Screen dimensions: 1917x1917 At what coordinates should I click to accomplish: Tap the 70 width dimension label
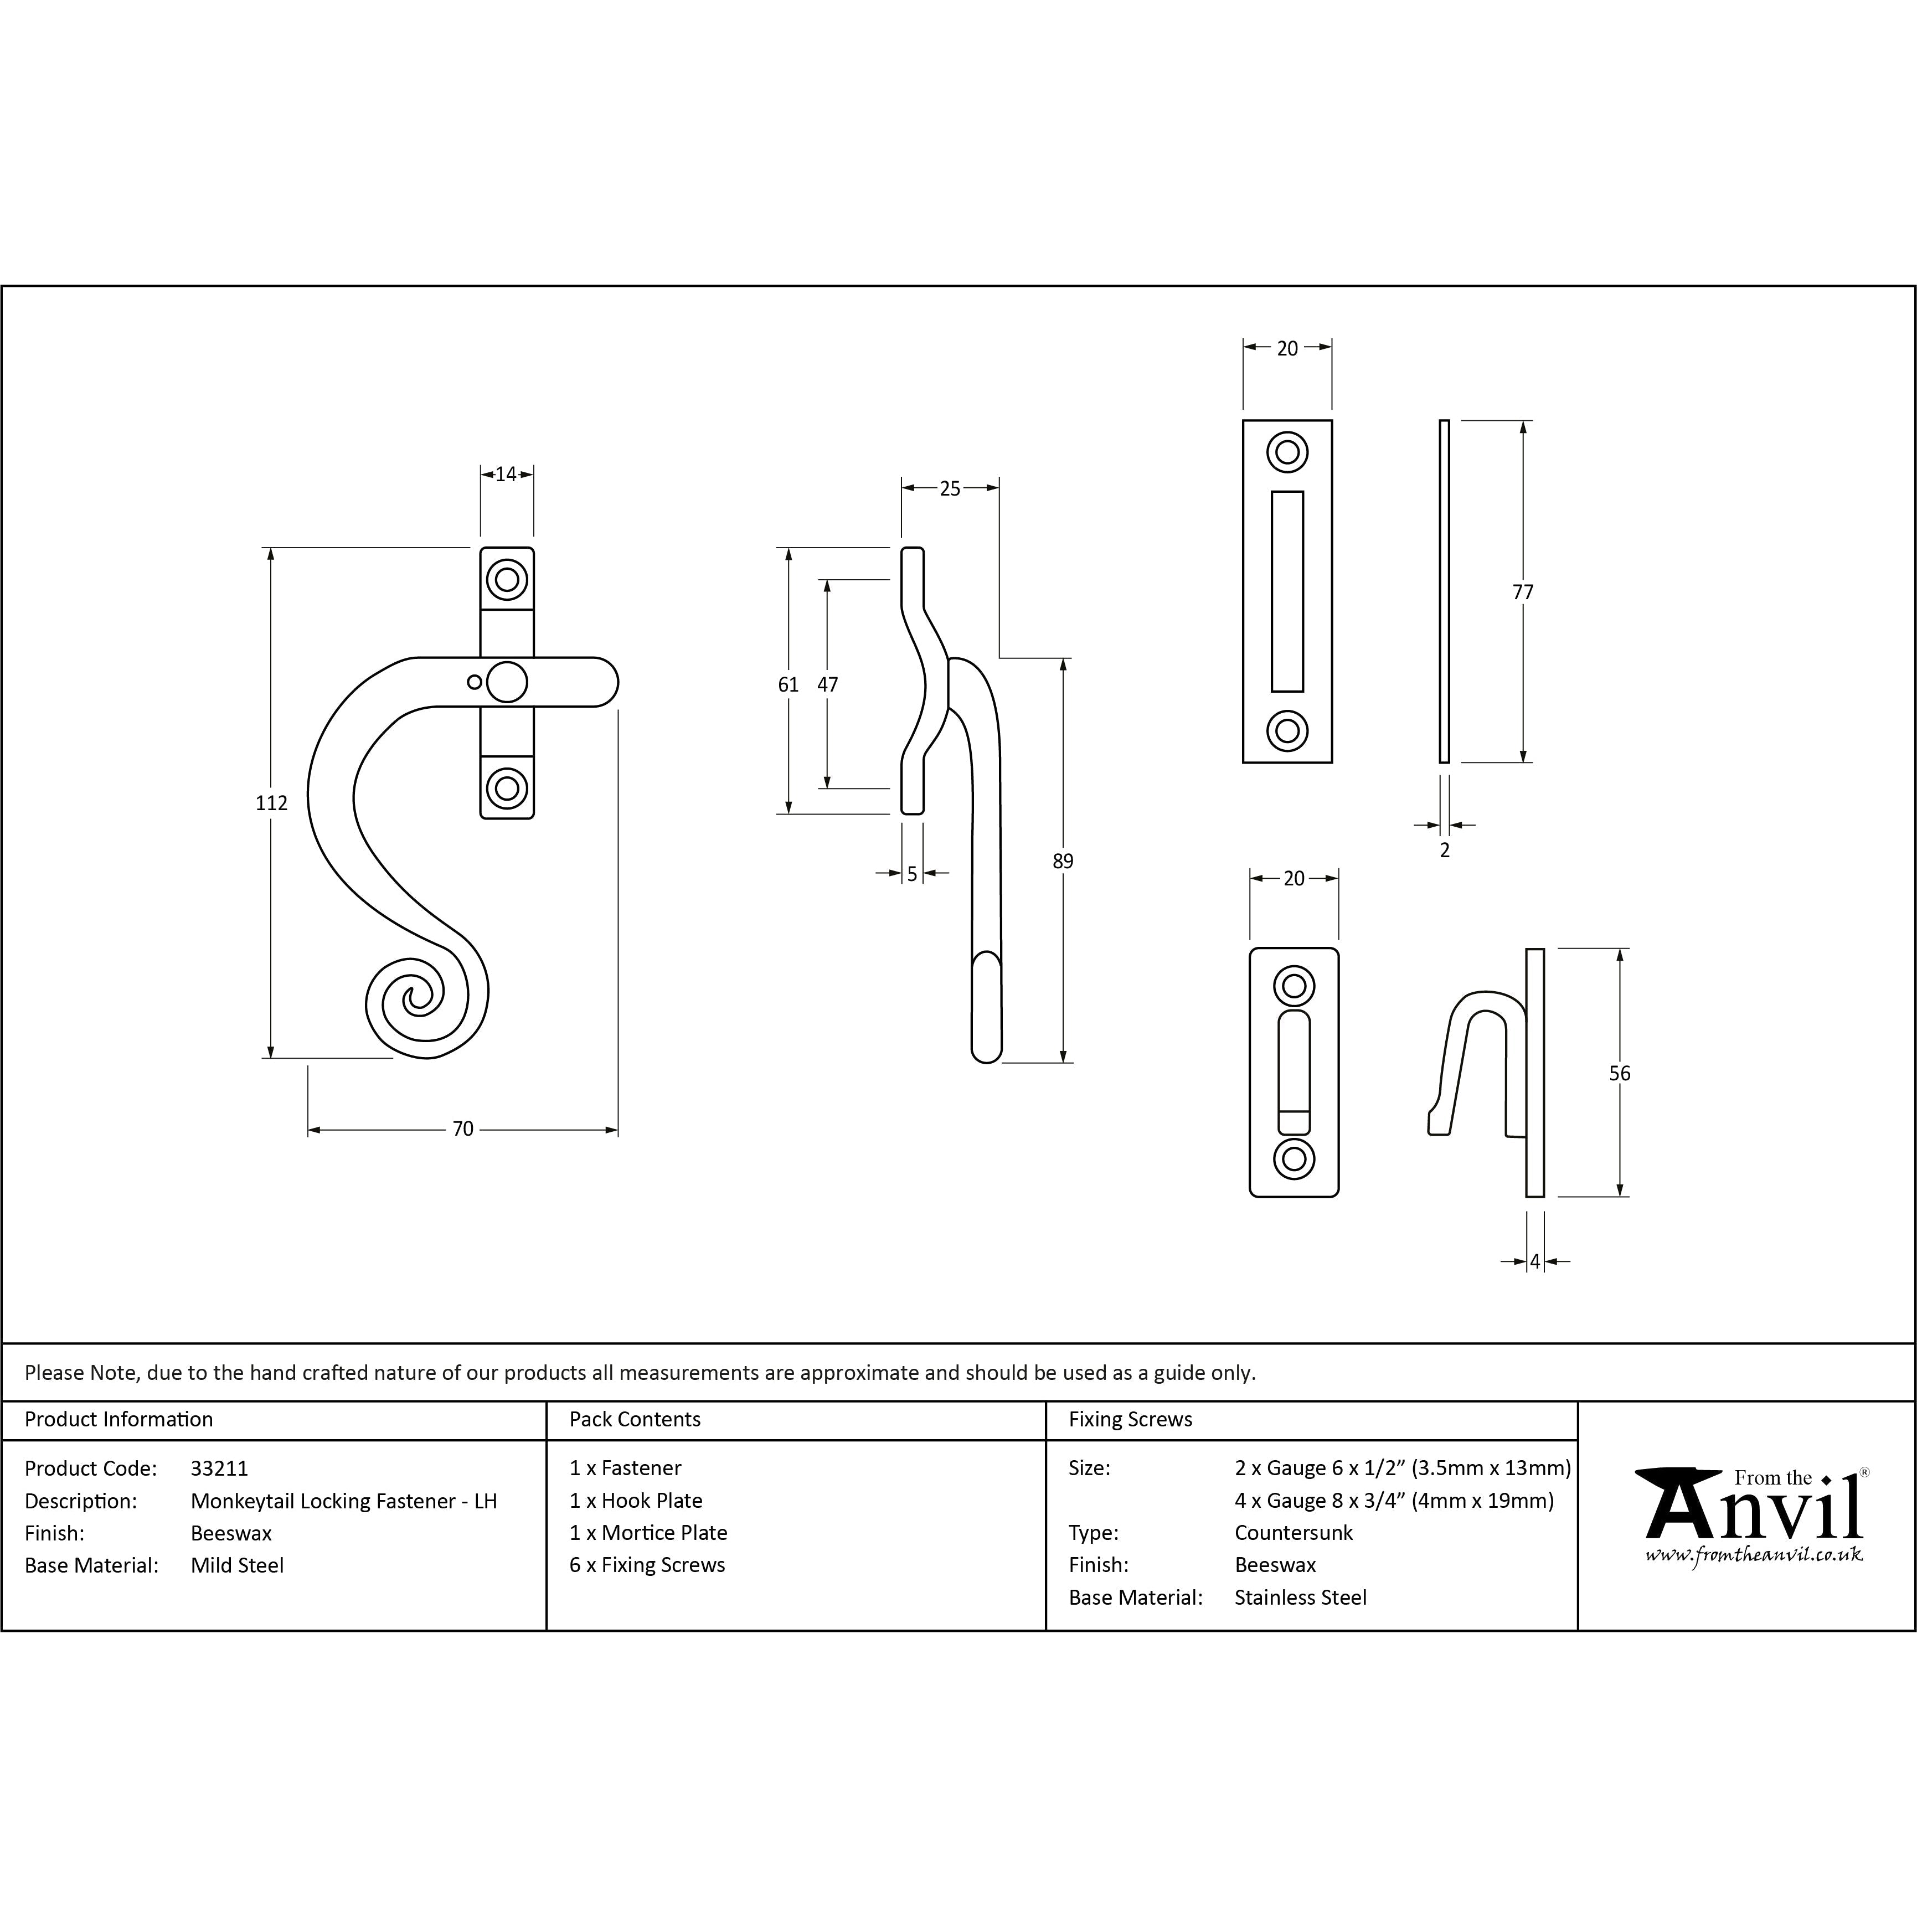click(x=462, y=1129)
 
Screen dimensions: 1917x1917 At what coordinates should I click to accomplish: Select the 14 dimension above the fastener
click(x=506, y=475)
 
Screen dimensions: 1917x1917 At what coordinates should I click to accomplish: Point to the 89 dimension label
click(x=1063, y=861)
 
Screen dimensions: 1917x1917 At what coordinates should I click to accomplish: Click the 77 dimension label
click(x=1523, y=592)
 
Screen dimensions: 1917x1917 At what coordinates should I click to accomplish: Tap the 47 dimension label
click(x=827, y=684)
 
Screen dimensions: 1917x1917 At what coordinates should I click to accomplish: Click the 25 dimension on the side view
click(x=950, y=488)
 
